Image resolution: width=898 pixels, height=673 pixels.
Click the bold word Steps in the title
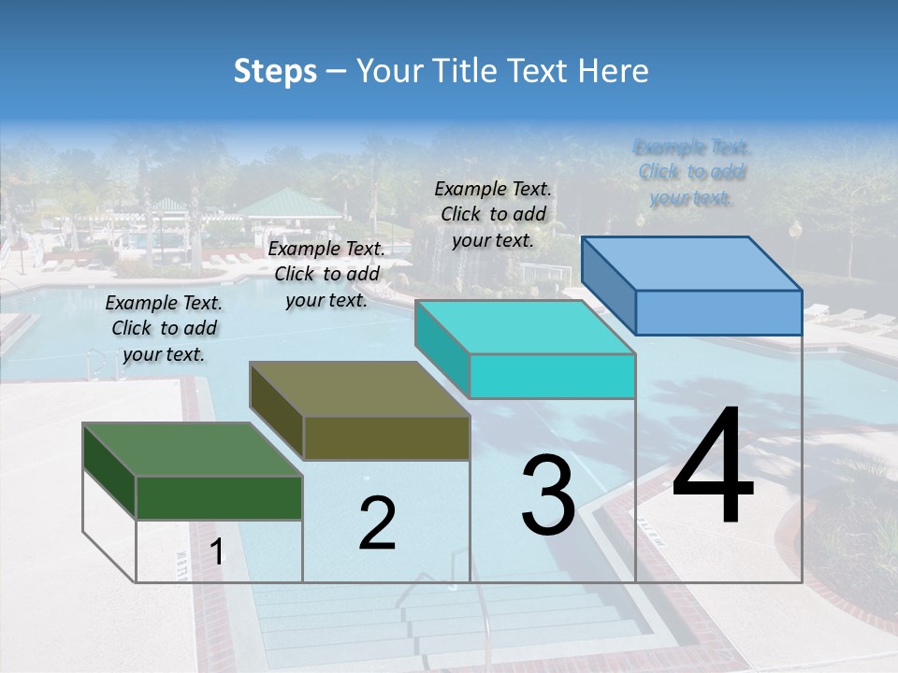tap(275, 71)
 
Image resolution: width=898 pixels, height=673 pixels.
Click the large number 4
tap(713, 468)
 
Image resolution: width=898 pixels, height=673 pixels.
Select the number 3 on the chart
tap(548, 494)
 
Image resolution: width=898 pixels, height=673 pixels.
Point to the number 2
tap(377, 523)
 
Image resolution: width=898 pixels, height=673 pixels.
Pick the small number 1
tap(216, 552)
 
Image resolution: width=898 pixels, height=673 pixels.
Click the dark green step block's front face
tap(219, 497)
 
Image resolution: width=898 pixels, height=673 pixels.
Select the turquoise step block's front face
tap(552, 376)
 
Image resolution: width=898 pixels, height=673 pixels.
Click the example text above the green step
tap(164, 328)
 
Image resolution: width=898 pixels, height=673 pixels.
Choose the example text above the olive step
tap(326, 274)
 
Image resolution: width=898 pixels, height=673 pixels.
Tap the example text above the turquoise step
tap(493, 214)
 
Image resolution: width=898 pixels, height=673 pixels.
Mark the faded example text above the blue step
tap(692, 172)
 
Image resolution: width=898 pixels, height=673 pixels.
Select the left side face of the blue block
tap(608, 285)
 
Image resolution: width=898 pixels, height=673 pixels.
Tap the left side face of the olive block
tap(277, 411)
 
